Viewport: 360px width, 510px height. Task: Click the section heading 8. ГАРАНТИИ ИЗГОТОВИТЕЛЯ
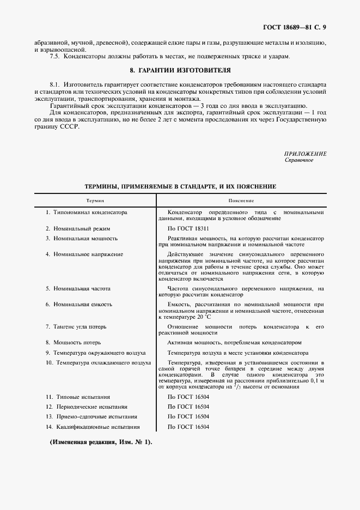pyautogui.click(x=180, y=70)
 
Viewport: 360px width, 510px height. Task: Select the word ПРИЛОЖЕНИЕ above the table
pyautogui.click(x=306, y=154)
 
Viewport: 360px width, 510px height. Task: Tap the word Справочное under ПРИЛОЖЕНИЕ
pyautogui.click(x=299, y=160)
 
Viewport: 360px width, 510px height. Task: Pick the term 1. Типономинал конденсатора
pyautogui.click(x=86, y=212)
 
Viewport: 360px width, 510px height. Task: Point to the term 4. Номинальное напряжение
pyautogui.click(x=84, y=254)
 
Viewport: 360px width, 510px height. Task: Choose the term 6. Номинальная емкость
pyautogui.click(x=79, y=304)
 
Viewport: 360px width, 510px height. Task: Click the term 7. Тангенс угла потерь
pyautogui.click(x=76, y=326)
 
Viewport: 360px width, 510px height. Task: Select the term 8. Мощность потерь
pyautogui.click(x=72, y=343)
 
